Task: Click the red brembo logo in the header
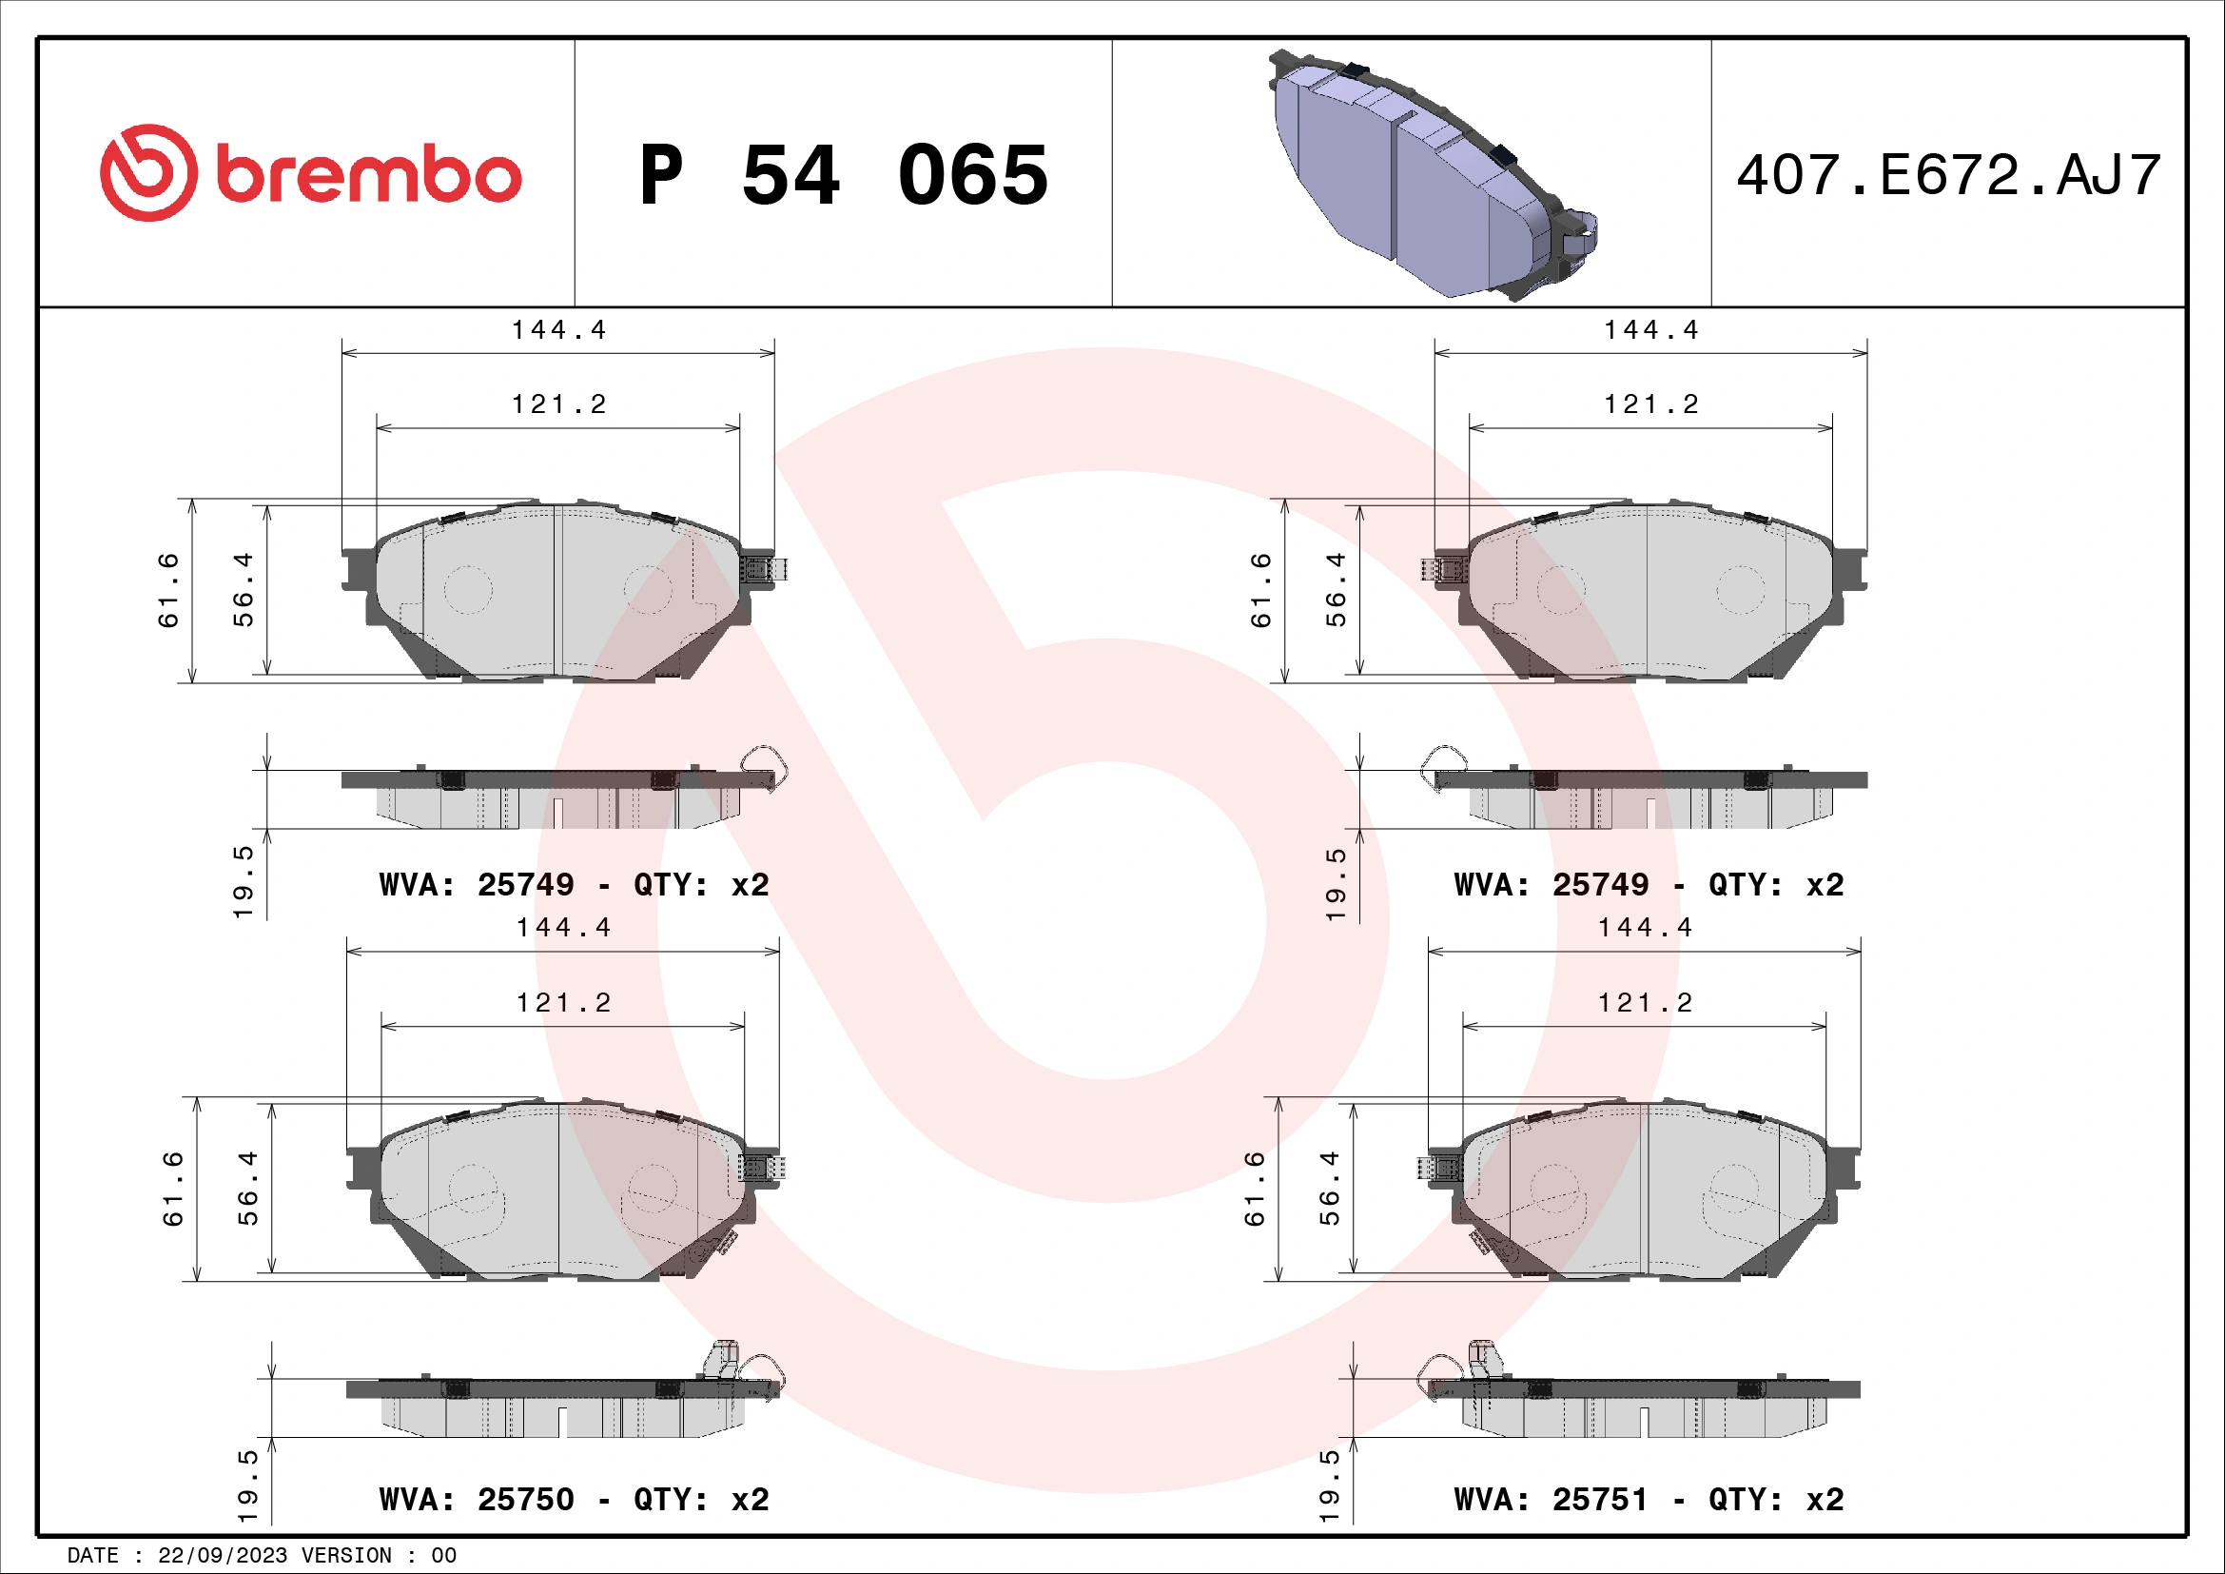[310, 172]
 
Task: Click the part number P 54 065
[843, 175]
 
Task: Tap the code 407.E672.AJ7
[1948, 175]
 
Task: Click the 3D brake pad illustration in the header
[1433, 174]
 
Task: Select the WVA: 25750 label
[574, 1500]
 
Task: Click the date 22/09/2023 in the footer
[222, 1556]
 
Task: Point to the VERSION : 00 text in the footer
[378, 1556]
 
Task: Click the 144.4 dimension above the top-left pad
[558, 330]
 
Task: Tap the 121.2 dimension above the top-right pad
[1650, 404]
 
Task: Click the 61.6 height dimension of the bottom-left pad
[172, 1189]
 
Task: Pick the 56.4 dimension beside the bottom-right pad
[1329, 1189]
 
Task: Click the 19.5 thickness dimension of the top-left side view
[243, 881]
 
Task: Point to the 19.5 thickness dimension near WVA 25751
[1329, 1484]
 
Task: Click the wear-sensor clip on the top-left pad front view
[763, 568]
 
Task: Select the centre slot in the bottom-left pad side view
[563, 1421]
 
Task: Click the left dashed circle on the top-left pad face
[468, 589]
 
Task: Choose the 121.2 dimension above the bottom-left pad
[563, 1002]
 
